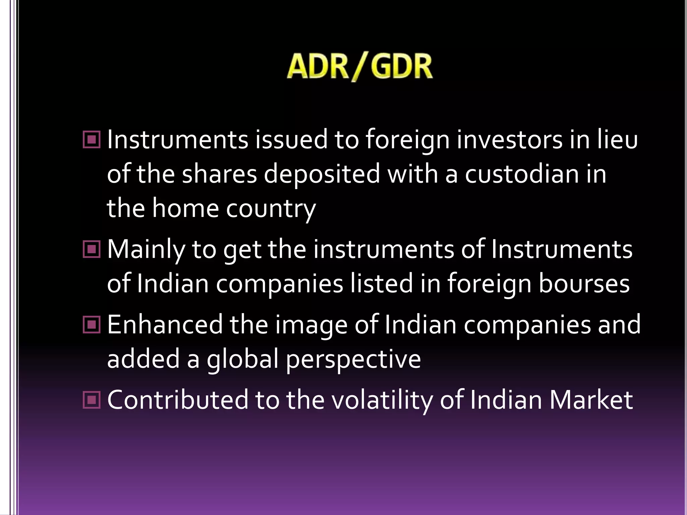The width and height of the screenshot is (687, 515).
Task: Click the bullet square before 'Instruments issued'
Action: [x=92, y=139]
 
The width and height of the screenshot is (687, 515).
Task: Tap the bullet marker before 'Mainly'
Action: [x=92, y=249]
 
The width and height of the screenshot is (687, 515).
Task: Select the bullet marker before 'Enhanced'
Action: [x=92, y=325]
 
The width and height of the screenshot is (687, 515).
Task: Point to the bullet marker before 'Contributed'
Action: [x=92, y=400]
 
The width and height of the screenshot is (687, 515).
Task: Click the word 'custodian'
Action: [x=522, y=174]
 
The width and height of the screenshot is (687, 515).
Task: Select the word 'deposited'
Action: [x=322, y=174]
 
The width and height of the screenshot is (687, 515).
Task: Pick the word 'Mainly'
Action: [x=146, y=250]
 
